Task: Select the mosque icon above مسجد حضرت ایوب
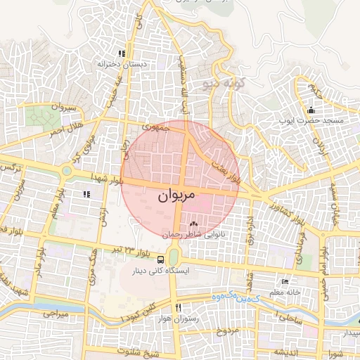pyautogui.click(x=311, y=110)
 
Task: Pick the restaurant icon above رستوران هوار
pyautogui.click(x=179, y=308)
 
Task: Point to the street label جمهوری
pyautogui.click(x=155, y=129)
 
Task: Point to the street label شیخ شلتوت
pyautogui.click(x=136, y=352)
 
